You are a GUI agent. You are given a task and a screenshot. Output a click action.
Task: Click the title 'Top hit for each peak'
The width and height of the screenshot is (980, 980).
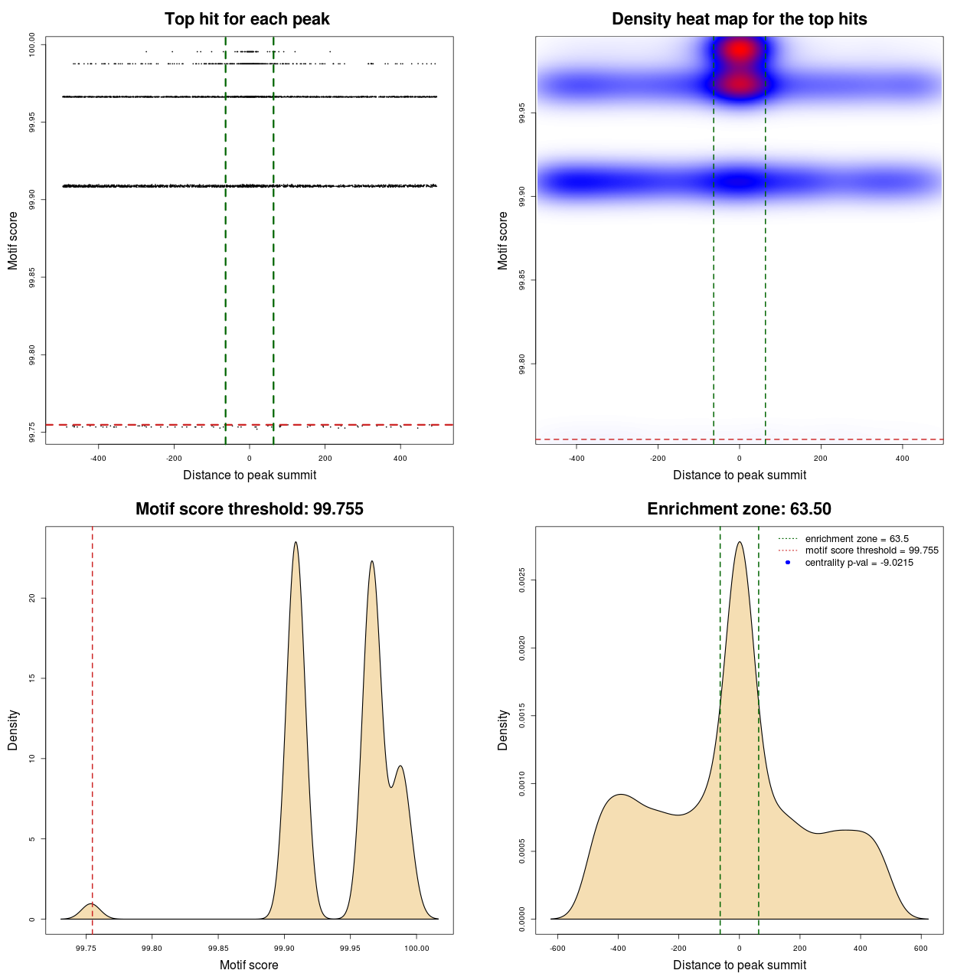coord(247,19)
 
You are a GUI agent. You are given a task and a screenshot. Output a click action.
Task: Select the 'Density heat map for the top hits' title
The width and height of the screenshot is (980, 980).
coord(739,19)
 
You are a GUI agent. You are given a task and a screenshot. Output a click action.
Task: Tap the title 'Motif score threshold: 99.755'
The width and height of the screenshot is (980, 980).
coord(249,509)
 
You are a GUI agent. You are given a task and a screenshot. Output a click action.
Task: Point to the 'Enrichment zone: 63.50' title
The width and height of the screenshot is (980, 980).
coord(739,509)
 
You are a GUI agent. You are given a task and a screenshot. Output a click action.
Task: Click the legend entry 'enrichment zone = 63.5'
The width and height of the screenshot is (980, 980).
coord(857,539)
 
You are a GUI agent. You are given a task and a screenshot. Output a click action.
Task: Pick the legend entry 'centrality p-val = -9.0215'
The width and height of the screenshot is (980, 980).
coord(859,563)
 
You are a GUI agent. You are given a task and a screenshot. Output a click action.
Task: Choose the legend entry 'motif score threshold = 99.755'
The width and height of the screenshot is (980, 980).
coord(871,550)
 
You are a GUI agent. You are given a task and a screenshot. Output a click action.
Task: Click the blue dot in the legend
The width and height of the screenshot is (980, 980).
coord(788,563)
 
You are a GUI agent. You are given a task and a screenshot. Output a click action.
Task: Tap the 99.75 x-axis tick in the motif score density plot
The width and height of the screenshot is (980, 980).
coord(87,948)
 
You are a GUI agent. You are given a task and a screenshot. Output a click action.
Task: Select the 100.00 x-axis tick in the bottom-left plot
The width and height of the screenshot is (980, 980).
coord(416,948)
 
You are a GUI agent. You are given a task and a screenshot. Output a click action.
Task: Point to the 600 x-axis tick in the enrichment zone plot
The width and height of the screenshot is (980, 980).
coord(921,948)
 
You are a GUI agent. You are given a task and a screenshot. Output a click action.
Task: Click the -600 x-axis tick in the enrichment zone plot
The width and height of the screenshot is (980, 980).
coord(557,948)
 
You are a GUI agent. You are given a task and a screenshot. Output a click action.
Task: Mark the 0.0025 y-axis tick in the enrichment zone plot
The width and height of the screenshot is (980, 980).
coord(522,580)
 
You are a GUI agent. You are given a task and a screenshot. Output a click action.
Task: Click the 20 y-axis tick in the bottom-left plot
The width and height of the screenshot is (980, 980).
coord(32,598)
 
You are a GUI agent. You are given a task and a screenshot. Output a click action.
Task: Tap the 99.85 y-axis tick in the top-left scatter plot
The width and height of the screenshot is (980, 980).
coord(32,277)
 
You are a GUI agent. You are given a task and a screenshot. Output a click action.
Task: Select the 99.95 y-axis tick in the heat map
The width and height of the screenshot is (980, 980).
coord(522,113)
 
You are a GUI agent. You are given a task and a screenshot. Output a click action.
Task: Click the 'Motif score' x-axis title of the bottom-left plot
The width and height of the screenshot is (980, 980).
coord(249,965)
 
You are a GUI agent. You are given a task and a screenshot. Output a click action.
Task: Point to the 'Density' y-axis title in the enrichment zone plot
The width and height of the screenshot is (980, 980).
coord(503,730)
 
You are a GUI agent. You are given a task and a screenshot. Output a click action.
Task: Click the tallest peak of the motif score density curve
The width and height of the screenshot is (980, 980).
coord(296,543)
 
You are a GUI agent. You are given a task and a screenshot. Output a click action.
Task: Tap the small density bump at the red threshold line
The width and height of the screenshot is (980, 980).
coord(92,906)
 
